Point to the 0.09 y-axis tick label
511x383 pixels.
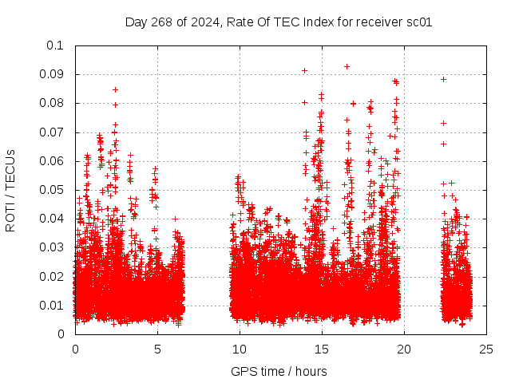pyautogui.click(x=53, y=74)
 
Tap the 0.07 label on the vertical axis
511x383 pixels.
pyautogui.click(x=53, y=132)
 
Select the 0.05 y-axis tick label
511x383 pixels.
pyautogui.click(x=53, y=190)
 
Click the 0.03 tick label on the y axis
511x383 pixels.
pyautogui.click(x=53, y=247)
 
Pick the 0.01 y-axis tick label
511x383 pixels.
pyautogui.click(x=53, y=306)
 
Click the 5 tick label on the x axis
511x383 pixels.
pyautogui.click(x=157, y=349)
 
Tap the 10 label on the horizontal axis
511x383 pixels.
pyautogui.click(x=240, y=349)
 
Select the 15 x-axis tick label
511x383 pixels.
pyautogui.click(x=322, y=349)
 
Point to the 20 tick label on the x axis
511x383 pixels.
pyautogui.click(x=404, y=349)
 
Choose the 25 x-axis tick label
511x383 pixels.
pyautogui.click(x=486, y=349)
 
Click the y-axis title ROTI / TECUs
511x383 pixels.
pyautogui.click(x=10, y=190)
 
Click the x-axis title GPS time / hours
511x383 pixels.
pyautogui.click(x=279, y=371)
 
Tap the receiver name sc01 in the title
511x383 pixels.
pyautogui.click(x=419, y=22)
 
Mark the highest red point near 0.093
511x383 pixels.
pyautogui.click(x=347, y=66)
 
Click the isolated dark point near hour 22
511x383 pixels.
pyautogui.click(x=443, y=79)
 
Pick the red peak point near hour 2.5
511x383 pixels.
pyautogui.click(x=115, y=89)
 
